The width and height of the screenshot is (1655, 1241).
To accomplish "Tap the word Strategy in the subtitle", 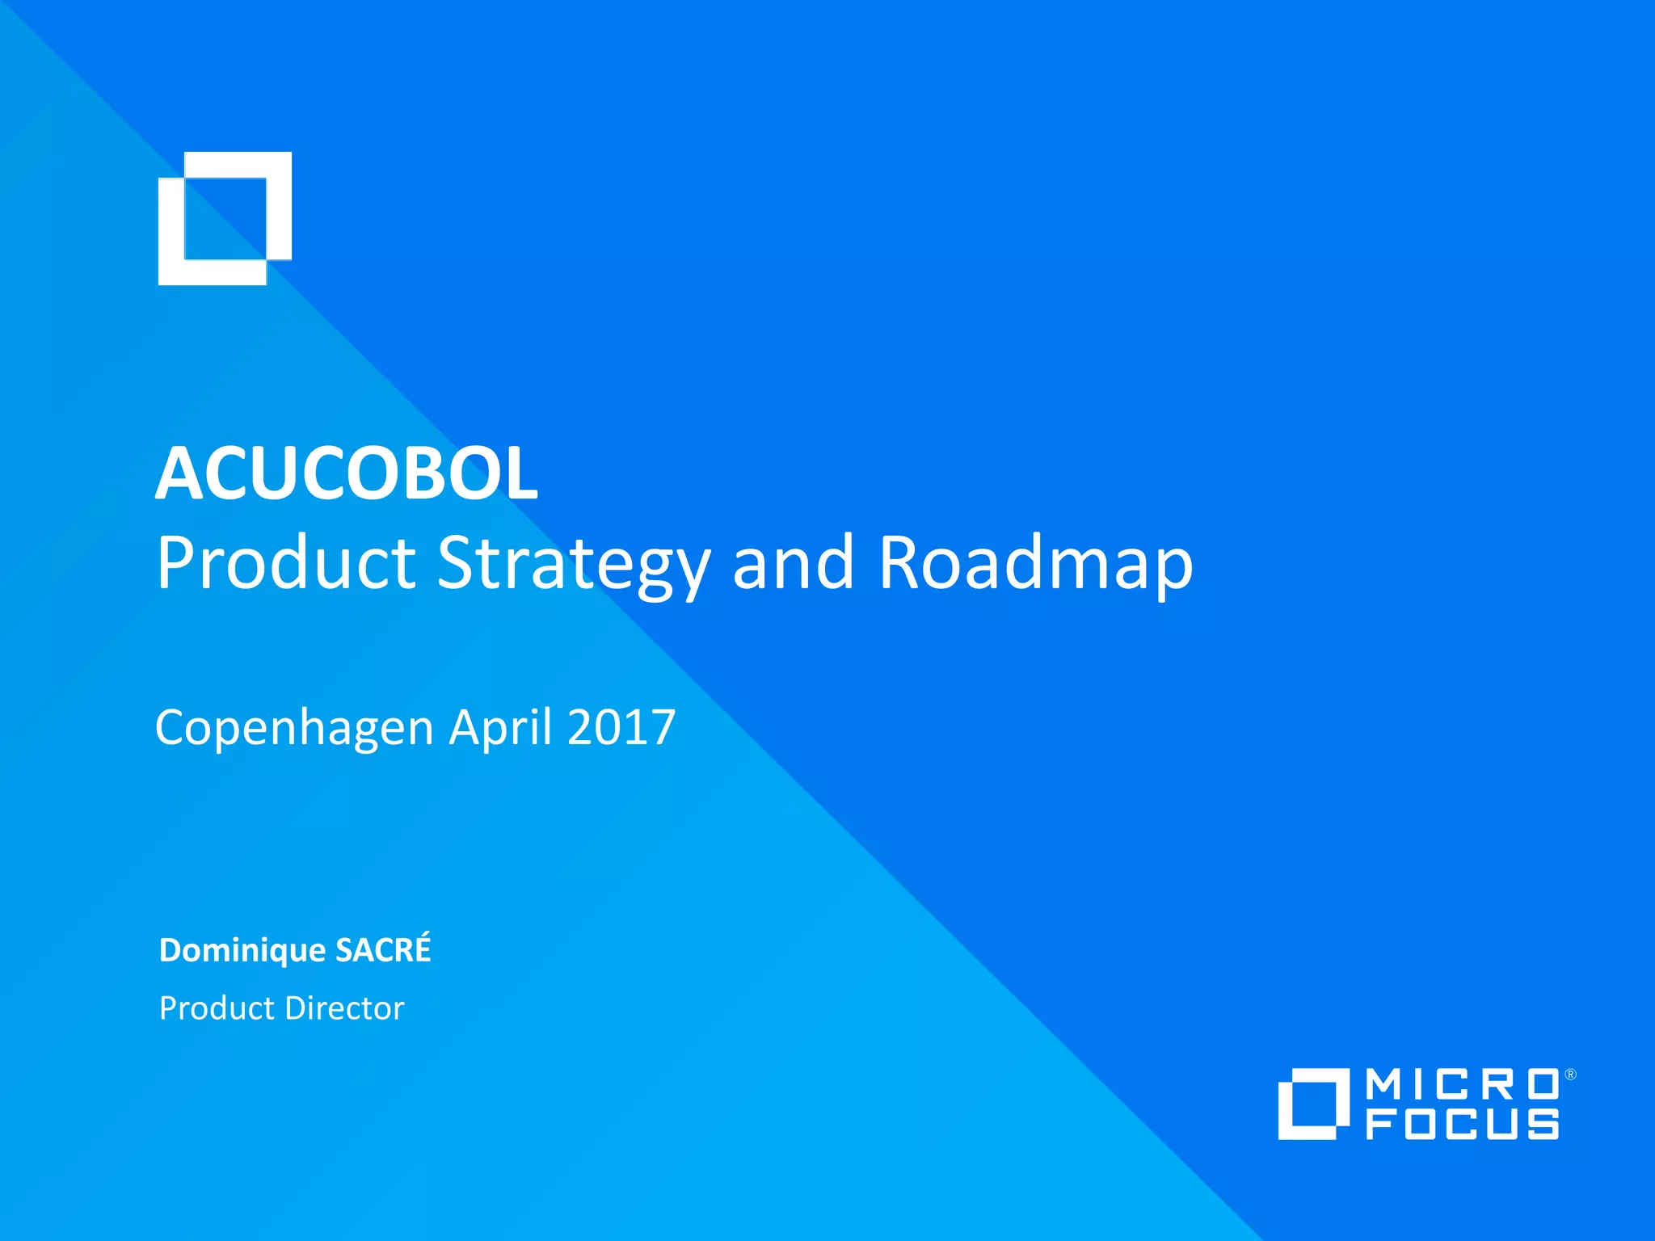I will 574,564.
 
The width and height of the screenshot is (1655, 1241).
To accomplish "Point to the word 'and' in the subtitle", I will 793,562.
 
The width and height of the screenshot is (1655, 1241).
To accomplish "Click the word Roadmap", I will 1035,564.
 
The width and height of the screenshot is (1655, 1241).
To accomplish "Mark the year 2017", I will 621,727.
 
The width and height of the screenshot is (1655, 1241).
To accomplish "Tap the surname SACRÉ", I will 383,950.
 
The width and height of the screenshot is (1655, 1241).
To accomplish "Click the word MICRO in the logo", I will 1463,1085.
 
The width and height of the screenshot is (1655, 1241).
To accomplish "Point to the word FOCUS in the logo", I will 1463,1124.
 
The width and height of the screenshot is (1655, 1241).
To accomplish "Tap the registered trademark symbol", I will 1570,1075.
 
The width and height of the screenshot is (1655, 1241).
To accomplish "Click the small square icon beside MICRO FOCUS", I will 1313,1104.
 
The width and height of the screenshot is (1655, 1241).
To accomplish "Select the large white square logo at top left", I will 225,218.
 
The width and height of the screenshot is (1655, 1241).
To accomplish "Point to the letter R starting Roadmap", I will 902,562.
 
